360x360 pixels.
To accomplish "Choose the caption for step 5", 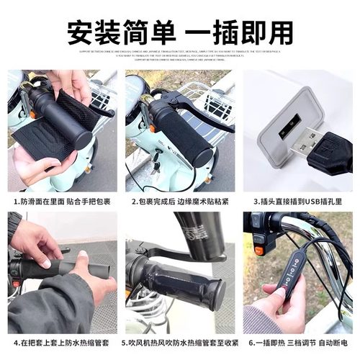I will tap(180, 343).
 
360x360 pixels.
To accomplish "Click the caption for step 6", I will tap(298, 343).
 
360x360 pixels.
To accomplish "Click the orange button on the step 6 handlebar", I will tap(259, 251).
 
